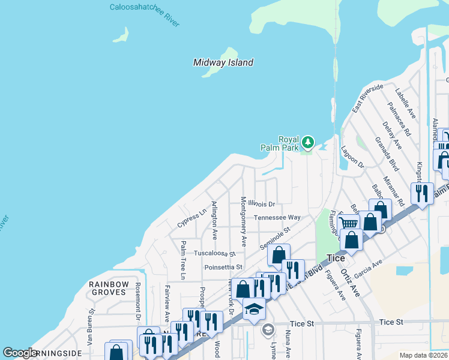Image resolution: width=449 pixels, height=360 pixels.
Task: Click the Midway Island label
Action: pos(223,62)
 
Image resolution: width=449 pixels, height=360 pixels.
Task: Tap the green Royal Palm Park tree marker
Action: pos(308,142)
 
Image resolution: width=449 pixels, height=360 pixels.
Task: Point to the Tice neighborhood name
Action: pos(336,258)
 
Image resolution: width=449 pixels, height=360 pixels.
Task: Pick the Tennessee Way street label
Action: pos(277,217)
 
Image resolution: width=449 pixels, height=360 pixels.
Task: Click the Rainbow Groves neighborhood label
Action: pos(108,288)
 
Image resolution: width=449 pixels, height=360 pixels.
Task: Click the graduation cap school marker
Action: pos(254,309)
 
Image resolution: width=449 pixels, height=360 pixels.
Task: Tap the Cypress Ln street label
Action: pos(191,219)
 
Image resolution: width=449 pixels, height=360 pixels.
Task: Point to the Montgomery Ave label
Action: pos(244,221)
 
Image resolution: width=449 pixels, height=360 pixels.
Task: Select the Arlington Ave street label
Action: pos(214,222)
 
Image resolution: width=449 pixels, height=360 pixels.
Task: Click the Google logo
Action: pos(20,353)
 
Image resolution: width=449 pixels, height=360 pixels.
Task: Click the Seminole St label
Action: pos(275,238)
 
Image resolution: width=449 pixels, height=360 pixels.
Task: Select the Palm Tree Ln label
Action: pos(183,259)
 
